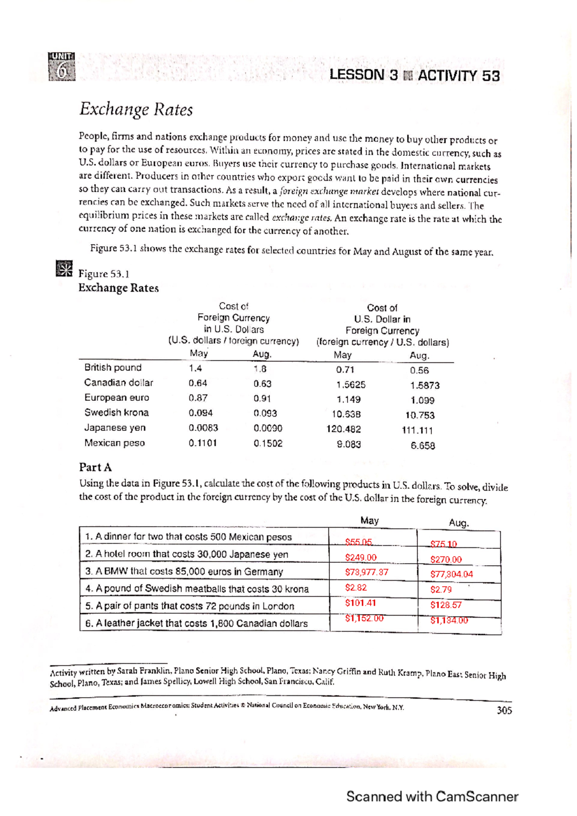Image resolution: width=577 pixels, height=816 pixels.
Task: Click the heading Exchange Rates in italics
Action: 136,110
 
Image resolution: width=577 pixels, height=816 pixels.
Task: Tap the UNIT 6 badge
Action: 62,67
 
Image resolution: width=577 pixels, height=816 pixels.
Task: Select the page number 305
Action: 504,710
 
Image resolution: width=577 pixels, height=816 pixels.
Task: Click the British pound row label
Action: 113,368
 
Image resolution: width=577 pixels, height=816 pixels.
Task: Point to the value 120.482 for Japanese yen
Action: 343,429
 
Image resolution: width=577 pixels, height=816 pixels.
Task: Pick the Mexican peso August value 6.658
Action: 423,445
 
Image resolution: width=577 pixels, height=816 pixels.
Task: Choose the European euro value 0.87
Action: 198,398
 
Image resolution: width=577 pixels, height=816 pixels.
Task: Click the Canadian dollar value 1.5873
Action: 425,385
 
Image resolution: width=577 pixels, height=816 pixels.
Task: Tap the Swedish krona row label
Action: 116,413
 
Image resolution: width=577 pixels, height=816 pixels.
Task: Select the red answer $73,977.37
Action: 366,572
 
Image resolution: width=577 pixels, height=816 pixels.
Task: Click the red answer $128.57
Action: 446,605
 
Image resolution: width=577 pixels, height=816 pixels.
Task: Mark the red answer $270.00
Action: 446,559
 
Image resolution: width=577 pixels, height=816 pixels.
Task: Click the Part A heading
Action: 95,467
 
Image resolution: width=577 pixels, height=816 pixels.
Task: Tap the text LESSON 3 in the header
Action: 364,75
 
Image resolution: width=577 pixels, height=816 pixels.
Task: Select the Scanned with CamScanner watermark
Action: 432,796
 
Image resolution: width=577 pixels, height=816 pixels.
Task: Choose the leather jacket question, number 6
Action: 196,623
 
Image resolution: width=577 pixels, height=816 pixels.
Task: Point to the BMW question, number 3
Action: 184,572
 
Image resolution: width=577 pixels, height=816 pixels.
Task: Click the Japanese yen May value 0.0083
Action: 203,428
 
